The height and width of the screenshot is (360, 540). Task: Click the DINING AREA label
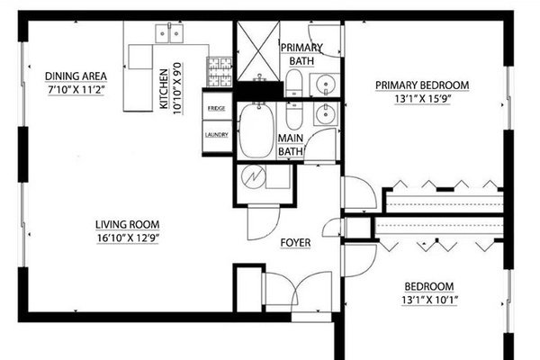[76, 76]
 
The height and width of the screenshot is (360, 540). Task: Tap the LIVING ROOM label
[128, 225]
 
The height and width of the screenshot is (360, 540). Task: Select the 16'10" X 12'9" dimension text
[128, 238]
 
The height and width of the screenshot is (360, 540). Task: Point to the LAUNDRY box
[217, 136]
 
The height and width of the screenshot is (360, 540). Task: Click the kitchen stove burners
[220, 72]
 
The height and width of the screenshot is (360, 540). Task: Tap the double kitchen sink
[169, 33]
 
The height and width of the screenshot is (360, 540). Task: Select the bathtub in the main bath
[256, 130]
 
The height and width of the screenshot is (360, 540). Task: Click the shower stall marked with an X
[258, 51]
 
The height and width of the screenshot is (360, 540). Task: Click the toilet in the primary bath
[293, 83]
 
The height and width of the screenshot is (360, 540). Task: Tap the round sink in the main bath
[324, 113]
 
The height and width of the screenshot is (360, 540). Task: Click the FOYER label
[295, 243]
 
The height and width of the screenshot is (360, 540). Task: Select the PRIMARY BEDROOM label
[422, 85]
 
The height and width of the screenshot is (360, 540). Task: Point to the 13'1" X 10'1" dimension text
[429, 300]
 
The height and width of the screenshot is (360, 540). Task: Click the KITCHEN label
[164, 89]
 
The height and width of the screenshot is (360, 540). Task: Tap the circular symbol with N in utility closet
[254, 177]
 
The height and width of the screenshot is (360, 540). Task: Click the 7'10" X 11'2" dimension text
[76, 90]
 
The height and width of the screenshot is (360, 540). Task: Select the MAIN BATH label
[291, 145]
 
